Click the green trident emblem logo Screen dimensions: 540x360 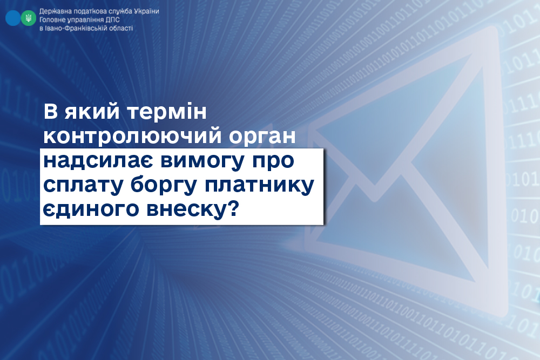[28, 18]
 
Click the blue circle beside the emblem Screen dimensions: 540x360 [13, 18]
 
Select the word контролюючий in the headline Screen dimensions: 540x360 [133, 137]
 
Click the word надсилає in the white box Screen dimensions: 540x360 [99, 161]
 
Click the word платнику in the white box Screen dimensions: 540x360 [260, 186]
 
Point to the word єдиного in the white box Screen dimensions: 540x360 [91, 209]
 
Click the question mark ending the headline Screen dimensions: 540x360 [233, 208]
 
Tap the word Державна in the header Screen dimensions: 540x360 [52, 11]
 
